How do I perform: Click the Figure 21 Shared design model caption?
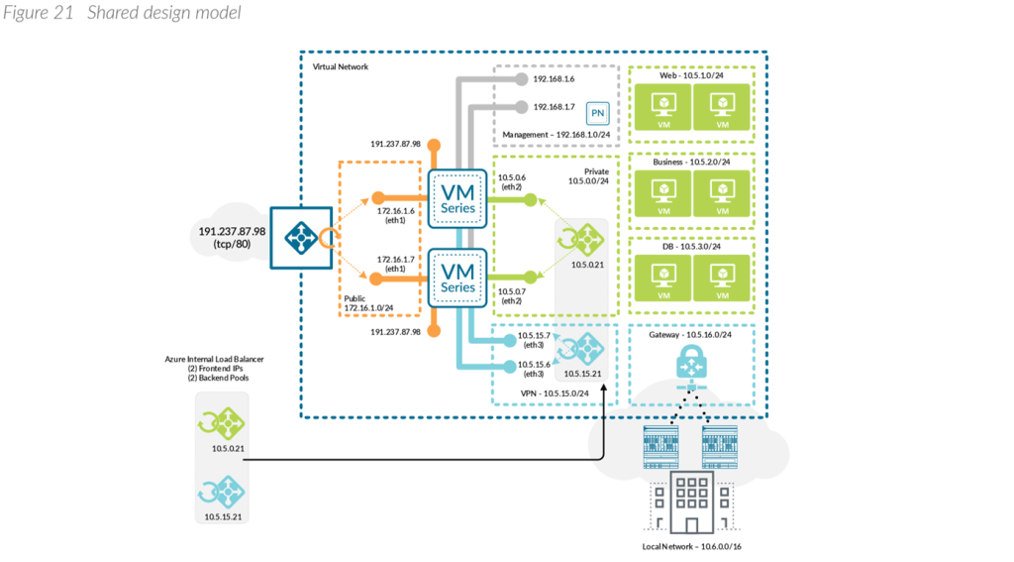[x=120, y=13]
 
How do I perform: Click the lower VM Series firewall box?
[x=457, y=277]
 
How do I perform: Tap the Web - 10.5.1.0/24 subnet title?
[x=691, y=76]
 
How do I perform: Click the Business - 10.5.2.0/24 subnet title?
[x=691, y=163]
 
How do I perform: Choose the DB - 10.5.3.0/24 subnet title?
[x=691, y=246]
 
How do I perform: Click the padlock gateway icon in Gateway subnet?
[x=690, y=364]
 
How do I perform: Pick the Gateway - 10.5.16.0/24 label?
[x=690, y=335]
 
